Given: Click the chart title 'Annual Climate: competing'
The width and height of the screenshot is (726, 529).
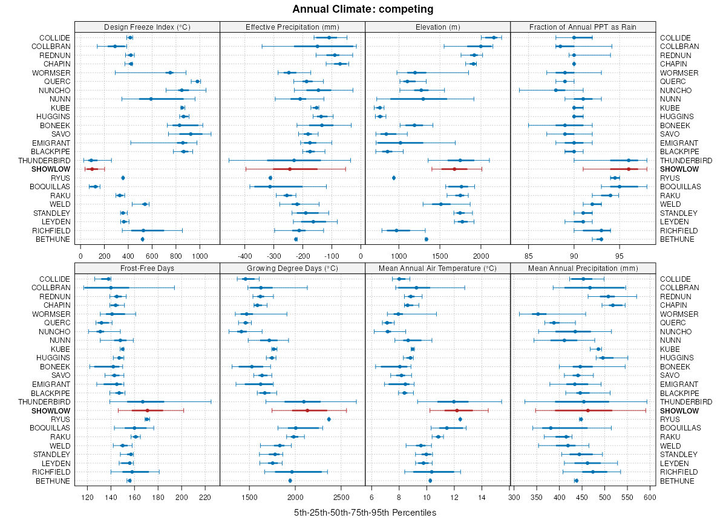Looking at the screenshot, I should click(362, 9).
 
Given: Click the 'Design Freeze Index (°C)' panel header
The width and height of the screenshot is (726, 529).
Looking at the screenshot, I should click(147, 27).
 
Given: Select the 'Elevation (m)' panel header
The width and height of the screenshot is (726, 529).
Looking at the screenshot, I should click(437, 27).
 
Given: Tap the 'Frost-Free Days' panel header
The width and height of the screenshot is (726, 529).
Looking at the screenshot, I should click(147, 268).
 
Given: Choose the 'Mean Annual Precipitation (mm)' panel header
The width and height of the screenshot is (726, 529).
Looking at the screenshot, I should click(583, 268).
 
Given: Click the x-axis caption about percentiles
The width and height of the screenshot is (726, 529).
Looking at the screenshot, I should click(365, 513).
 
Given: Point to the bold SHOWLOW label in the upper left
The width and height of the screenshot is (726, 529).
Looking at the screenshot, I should click(51, 169).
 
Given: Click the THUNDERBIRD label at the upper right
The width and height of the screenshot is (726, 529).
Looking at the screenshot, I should click(686, 160).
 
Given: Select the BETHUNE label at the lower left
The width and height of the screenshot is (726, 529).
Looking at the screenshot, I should click(54, 481).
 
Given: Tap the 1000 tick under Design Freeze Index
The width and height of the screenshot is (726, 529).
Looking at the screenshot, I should click(200, 256).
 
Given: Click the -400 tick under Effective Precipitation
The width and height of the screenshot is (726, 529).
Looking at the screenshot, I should click(244, 256).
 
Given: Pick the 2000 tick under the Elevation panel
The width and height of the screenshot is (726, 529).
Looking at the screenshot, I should click(480, 256).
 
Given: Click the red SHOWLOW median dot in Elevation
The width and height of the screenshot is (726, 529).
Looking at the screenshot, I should click(454, 169).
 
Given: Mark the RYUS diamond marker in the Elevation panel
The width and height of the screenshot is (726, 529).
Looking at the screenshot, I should click(394, 178).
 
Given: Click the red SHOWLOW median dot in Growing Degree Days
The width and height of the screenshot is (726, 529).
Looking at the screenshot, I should click(307, 411).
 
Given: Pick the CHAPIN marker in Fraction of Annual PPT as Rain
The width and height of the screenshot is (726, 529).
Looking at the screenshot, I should click(574, 63).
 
